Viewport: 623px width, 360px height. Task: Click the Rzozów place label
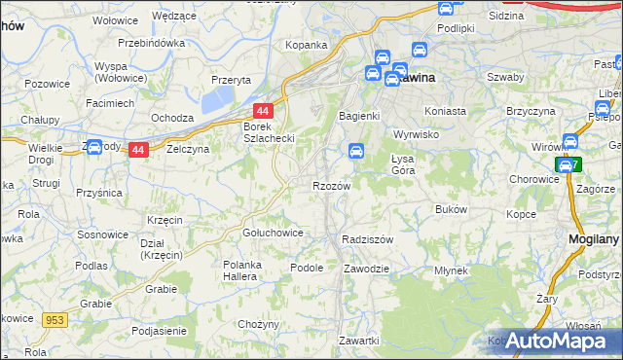point(329,186)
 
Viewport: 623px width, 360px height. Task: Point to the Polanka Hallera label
point(250,271)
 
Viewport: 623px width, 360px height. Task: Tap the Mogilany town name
point(594,237)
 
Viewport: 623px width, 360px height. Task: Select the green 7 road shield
point(568,165)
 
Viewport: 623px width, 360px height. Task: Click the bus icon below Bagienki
point(356,151)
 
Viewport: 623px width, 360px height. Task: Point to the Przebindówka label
point(151,44)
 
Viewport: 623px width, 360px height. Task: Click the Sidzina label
point(507,17)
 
